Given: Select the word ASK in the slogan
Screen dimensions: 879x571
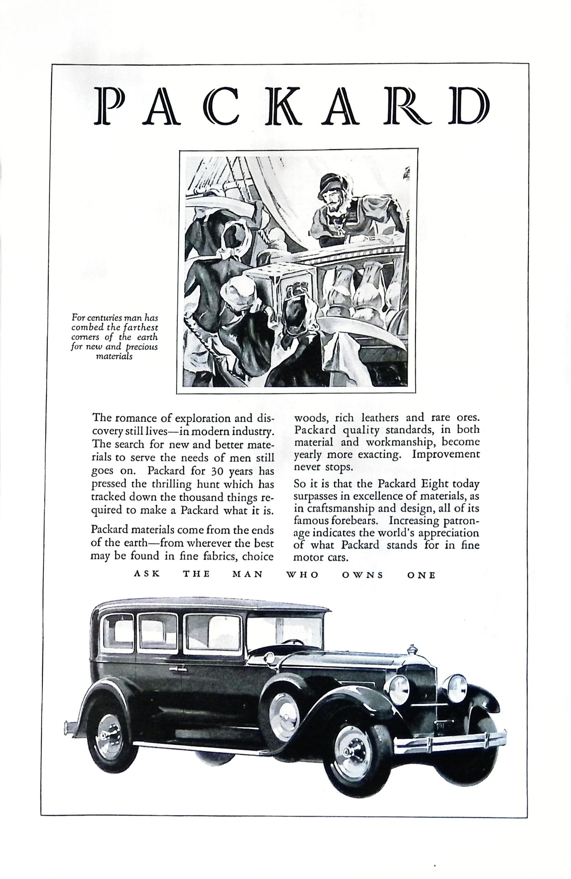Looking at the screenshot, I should click(x=147, y=575).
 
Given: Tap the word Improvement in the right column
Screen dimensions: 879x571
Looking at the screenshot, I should click(x=446, y=454).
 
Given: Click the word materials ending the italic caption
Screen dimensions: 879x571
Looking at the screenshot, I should click(x=114, y=357).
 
